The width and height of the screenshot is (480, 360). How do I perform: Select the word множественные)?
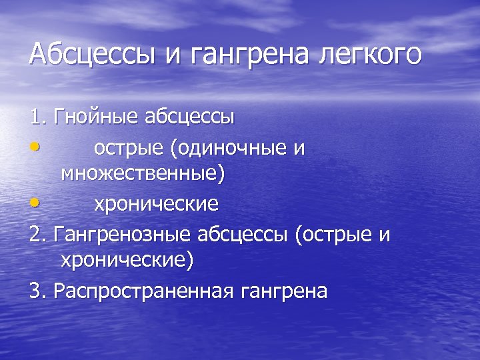143,175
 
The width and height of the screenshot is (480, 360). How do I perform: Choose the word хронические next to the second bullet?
156,203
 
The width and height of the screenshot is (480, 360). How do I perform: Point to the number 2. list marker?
38,235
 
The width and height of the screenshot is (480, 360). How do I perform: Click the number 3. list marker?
38,291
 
